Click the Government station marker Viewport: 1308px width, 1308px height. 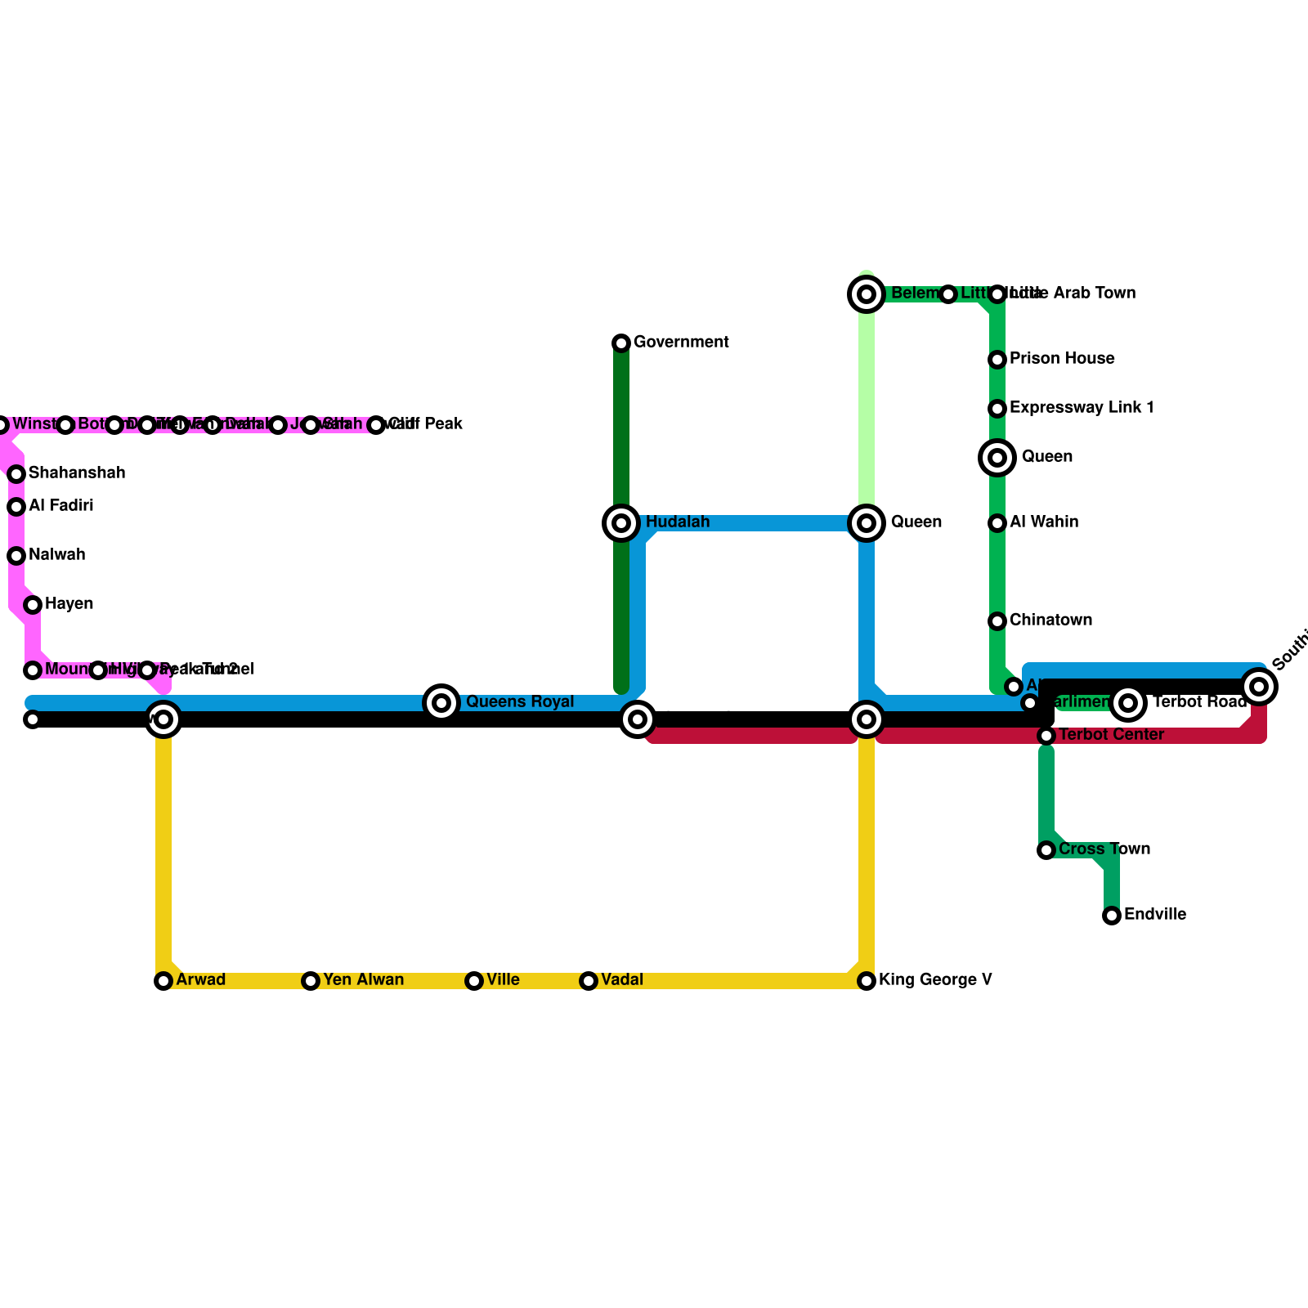pyautogui.click(x=621, y=343)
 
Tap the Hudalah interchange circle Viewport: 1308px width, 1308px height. pyautogui.click(x=621, y=523)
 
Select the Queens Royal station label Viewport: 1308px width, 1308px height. pyautogui.click(x=520, y=702)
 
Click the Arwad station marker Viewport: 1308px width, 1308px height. pyautogui.click(x=163, y=981)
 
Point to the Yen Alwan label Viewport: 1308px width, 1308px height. pyautogui.click(x=363, y=980)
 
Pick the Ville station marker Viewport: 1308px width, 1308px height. pyautogui.click(x=474, y=981)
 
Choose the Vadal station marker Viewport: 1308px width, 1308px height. pyautogui.click(x=589, y=981)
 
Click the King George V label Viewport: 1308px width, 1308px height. pyautogui.click(x=935, y=980)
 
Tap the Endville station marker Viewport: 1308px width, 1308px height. pyautogui.click(x=1112, y=916)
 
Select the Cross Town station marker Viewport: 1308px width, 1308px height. pyautogui.click(x=1046, y=850)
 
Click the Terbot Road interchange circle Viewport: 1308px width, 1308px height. pyautogui.click(x=1128, y=703)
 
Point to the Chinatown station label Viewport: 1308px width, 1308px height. pyautogui.click(x=1050, y=620)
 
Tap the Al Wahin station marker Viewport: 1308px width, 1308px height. pyautogui.click(x=997, y=523)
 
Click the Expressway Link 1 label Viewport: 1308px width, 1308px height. pyautogui.click(x=1082, y=408)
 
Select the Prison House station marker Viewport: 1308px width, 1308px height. pyautogui.click(x=997, y=360)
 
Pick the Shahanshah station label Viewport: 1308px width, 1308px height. pyautogui.click(x=77, y=473)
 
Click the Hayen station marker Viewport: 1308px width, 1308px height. pyautogui.click(x=33, y=605)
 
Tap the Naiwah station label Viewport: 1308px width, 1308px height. pyautogui.click(x=56, y=555)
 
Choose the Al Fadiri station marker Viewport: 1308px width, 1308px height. pyautogui.click(x=16, y=507)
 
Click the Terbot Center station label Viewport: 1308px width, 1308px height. pyautogui.click(x=1111, y=735)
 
